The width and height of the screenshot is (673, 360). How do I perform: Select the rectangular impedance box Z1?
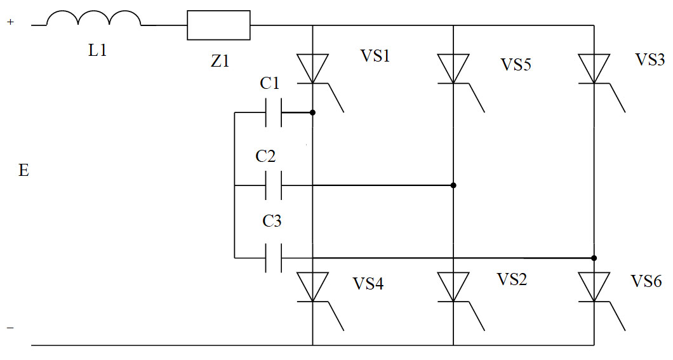218,25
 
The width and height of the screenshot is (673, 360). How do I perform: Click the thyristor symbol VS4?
313,287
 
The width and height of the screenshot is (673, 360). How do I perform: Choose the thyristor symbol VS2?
453,287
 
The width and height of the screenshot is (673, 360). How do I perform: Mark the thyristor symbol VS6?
594,287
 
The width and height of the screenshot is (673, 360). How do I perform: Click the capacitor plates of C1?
272,113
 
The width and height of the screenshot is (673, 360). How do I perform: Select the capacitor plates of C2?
272,186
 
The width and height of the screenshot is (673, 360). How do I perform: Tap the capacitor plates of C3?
272,258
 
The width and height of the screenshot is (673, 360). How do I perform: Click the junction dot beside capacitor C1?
313,113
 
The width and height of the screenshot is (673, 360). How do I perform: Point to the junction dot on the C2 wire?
453,186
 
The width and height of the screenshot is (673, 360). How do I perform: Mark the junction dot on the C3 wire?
594,258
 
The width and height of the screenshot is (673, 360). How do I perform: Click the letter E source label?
23,171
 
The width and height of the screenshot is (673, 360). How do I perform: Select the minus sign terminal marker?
10,328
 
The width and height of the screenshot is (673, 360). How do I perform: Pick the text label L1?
97,51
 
